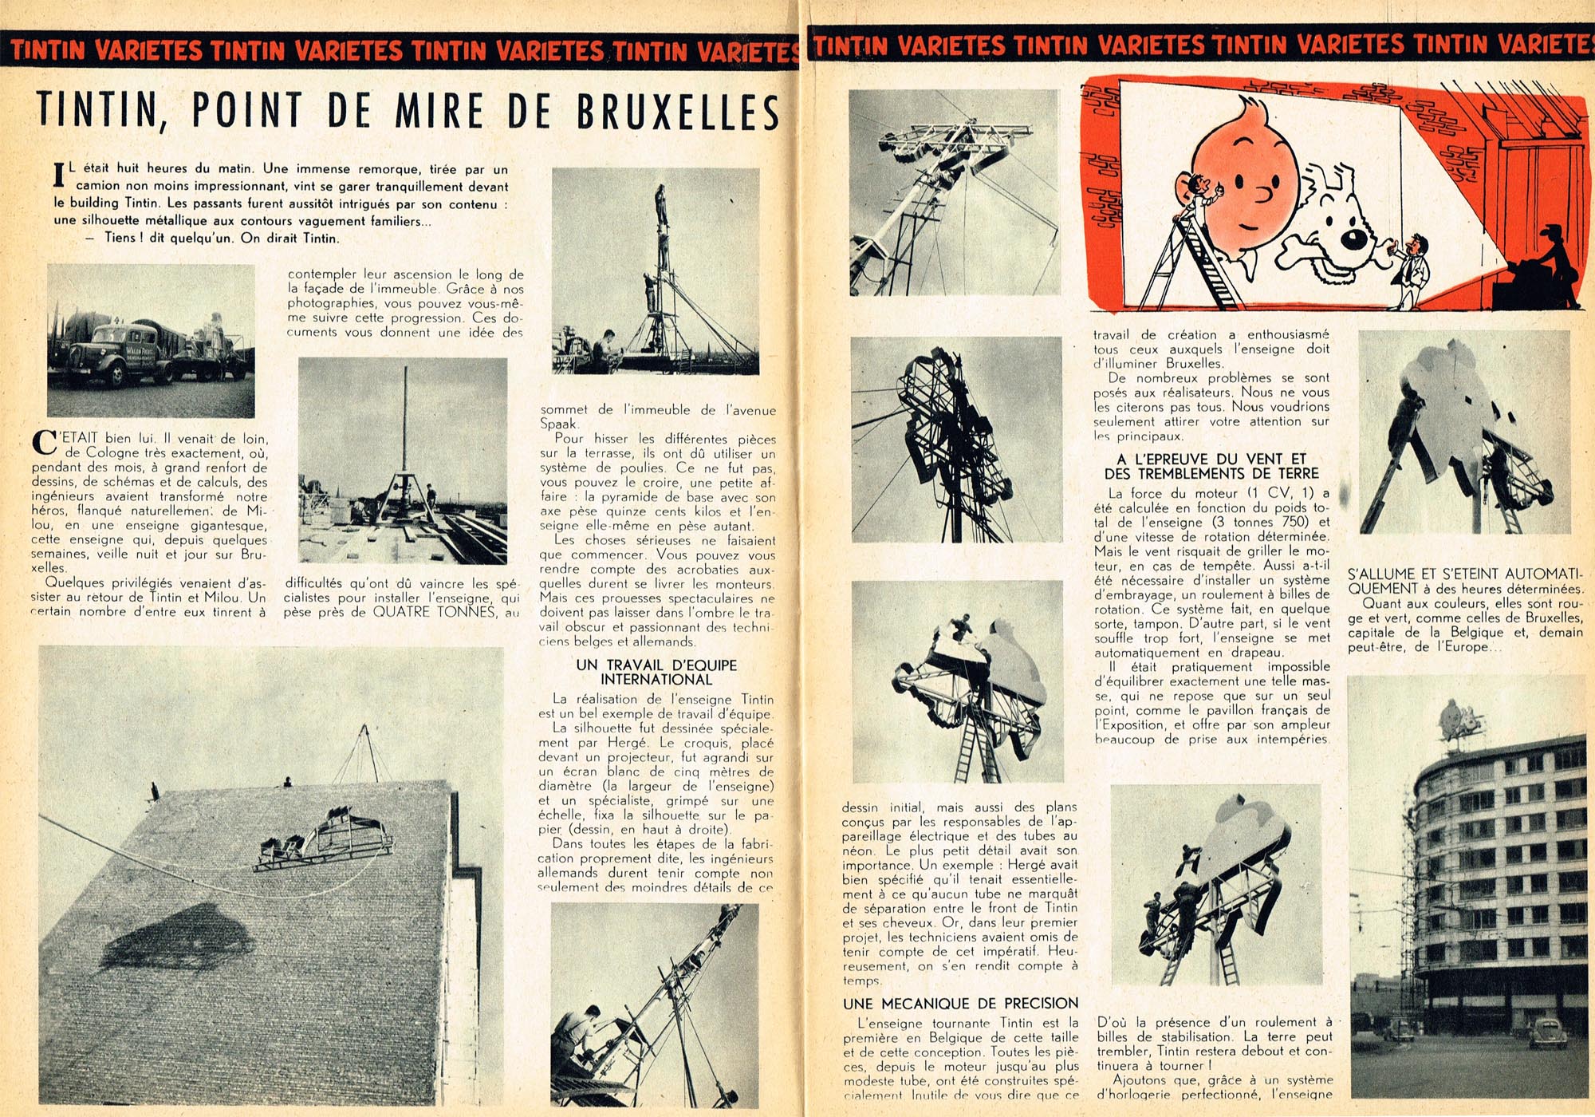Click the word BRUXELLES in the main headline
(678, 112)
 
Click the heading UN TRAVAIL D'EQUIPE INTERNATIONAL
(656, 672)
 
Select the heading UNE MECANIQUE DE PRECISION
(960, 1003)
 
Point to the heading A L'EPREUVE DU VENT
(1211, 459)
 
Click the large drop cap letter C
(44, 442)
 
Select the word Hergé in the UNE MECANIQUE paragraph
(1053, 865)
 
